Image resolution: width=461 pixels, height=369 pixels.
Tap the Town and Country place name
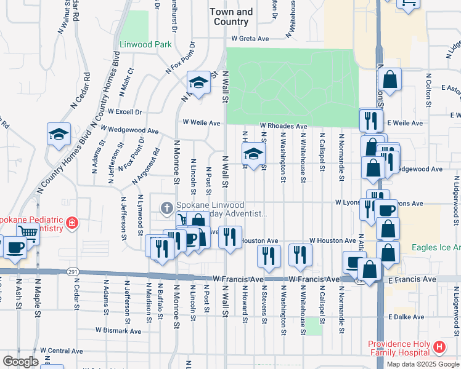(231, 17)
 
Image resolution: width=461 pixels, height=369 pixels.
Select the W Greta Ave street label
(251, 39)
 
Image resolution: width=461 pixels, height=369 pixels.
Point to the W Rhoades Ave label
(283, 126)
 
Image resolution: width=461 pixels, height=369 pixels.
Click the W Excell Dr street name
(125, 112)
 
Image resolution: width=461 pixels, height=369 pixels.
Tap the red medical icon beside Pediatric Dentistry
(72, 222)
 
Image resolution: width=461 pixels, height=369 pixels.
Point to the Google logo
(20, 362)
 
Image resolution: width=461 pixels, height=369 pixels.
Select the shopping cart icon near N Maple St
(28, 232)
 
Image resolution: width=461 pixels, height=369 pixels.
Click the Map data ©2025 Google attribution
(422, 364)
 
